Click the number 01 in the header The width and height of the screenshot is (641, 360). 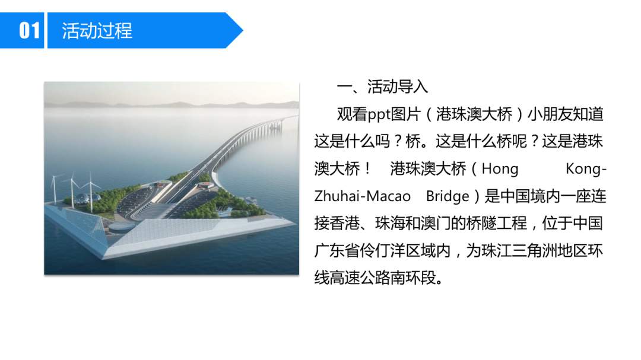(x=29, y=30)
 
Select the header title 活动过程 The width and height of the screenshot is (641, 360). (x=97, y=30)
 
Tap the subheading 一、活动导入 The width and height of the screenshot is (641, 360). (x=382, y=87)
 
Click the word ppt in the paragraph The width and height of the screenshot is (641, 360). (x=379, y=114)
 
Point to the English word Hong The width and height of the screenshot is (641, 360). (x=500, y=169)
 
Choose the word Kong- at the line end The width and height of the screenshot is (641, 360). (x=586, y=169)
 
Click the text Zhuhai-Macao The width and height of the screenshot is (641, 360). (x=362, y=196)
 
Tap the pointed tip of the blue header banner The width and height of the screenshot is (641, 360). (x=242, y=30)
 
